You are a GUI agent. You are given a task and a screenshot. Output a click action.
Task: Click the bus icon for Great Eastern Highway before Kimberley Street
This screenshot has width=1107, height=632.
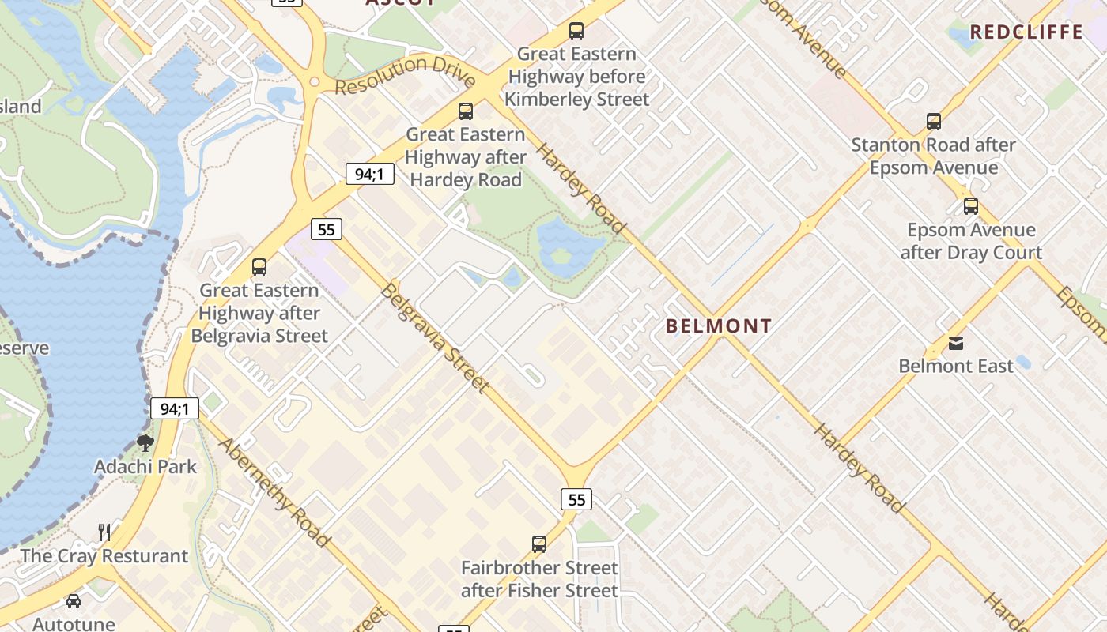(576, 31)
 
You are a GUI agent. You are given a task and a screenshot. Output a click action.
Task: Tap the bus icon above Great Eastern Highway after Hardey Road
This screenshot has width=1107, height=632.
(466, 111)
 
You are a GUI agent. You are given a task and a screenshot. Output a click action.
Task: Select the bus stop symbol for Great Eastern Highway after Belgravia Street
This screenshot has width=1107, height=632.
(259, 267)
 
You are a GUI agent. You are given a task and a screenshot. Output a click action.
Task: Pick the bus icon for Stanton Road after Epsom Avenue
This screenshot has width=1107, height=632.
(934, 122)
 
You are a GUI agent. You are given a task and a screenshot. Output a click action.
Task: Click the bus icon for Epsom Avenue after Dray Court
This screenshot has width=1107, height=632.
(971, 206)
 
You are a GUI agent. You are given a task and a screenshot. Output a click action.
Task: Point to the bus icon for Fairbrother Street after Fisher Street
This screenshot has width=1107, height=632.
(539, 544)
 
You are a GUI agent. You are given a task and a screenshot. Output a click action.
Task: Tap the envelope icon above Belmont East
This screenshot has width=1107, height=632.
(956, 343)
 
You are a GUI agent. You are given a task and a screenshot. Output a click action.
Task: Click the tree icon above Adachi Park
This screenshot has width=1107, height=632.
(145, 442)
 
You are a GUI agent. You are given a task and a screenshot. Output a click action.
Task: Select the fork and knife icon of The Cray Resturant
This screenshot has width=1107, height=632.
(104, 532)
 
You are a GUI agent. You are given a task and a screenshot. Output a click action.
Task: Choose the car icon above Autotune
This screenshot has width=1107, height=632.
(74, 601)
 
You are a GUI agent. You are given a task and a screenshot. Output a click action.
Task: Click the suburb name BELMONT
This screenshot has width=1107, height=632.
(718, 326)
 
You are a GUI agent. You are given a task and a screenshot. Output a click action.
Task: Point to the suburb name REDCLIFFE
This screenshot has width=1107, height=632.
(1026, 32)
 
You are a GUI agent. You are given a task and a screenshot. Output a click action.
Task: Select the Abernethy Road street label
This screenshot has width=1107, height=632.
(274, 491)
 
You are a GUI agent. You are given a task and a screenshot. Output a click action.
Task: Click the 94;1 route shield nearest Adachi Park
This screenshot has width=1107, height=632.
(175, 408)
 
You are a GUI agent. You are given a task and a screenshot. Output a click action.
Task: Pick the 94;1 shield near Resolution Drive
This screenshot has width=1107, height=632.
(370, 174)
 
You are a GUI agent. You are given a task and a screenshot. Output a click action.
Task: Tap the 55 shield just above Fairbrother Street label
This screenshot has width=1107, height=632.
(576, 499)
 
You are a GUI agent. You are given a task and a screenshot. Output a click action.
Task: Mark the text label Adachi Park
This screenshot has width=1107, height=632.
(145, 466)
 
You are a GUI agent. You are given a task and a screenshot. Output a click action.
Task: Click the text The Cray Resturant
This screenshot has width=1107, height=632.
(104, 556)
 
